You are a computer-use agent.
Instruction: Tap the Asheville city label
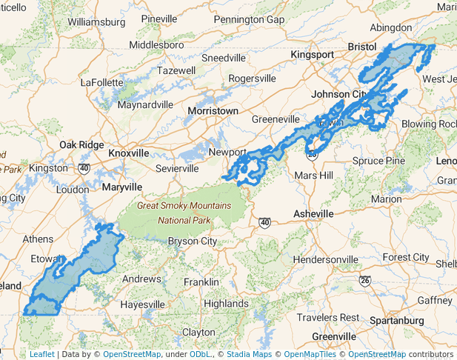coord(313,213)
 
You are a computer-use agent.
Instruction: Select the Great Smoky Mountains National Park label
coord(184,213)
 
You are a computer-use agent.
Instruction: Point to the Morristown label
coord(213,110)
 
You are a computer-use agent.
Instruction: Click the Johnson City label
coord(338,94)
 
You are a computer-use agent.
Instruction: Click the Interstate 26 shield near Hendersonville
coord(364,281)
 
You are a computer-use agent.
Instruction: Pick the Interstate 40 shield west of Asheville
coord(265,221)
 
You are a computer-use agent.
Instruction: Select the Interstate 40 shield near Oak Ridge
coord(84,168)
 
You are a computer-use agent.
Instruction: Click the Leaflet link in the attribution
coord(41,354)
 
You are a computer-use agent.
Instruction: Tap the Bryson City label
coord(193,241)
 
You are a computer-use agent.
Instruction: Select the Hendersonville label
coord(325,259)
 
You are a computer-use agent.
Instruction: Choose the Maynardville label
coord(145,104)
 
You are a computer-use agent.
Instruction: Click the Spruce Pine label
coord(378,160)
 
